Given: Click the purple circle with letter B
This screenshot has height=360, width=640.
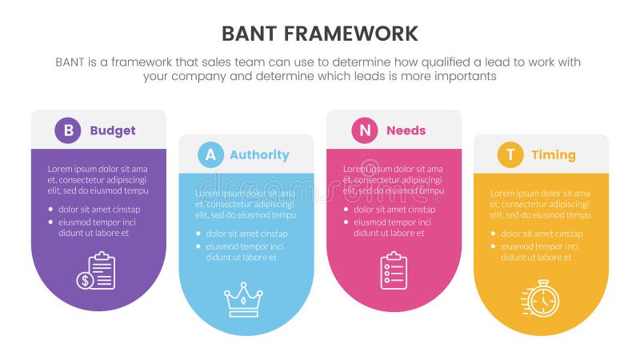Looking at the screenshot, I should point(67,130).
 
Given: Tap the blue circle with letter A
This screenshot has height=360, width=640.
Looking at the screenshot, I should point(210,154).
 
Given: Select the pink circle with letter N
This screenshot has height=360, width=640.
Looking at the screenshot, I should point(364,130).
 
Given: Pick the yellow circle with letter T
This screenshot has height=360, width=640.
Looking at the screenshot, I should point(510,154).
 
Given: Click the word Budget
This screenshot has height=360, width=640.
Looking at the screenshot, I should point(113,130).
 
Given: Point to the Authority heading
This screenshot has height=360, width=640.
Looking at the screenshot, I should point(259,154).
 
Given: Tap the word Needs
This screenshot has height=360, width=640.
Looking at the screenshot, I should point(406,130).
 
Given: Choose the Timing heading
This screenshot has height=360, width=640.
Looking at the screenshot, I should point(553,154).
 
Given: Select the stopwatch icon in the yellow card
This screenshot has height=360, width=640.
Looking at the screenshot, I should point(542,298).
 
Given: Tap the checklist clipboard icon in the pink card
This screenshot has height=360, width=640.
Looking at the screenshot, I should point(394,270).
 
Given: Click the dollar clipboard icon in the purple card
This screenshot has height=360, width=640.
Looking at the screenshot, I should point(97,270).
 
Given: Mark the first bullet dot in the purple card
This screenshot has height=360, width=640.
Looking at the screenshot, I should point(51,210).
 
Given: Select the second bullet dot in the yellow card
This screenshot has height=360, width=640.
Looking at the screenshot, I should point(494,246).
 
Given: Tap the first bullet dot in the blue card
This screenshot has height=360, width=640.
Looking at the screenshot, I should point(198,234).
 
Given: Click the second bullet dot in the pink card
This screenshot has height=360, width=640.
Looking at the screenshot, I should point(346,222).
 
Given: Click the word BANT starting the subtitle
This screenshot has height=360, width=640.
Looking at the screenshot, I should point(72,62).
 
